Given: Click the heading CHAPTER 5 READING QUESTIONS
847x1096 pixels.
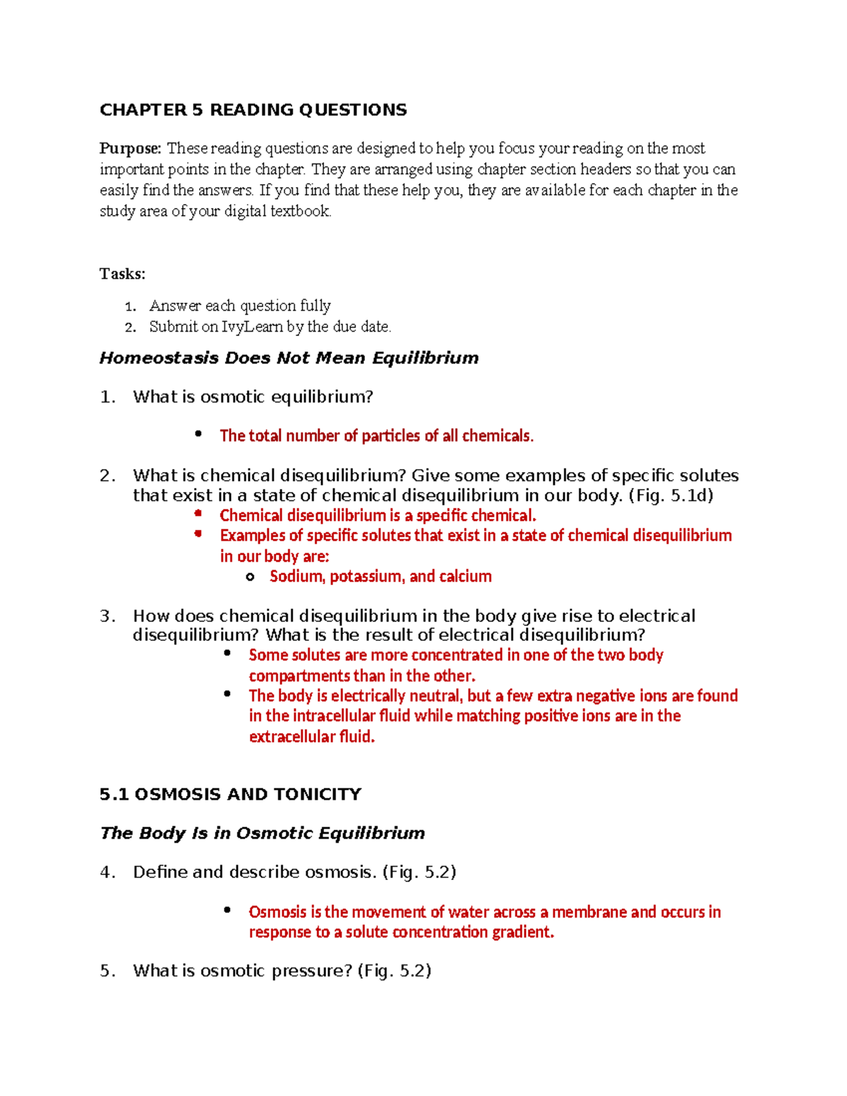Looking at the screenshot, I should click(x=253, y=110).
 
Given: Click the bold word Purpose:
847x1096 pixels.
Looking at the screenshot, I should click(x=131, y=148).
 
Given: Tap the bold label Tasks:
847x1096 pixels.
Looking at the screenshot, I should click(x=122, y=274).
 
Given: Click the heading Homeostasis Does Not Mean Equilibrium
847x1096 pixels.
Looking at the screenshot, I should click(x=289, y=358).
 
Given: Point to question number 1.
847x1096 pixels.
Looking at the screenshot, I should click(x=107, y=397).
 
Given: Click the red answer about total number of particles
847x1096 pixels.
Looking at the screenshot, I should click(x=376, y=436).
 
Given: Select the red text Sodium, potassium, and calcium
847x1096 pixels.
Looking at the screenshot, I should click(x=380, y=577).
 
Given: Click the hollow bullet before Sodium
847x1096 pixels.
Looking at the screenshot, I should click(x=250, y=577).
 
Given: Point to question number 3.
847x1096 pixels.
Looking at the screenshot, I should click(x=107, y=616).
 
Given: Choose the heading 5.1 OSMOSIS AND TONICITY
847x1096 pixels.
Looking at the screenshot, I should click(x=230, y=795).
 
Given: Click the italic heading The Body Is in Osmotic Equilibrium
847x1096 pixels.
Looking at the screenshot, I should click(x=262, y=833).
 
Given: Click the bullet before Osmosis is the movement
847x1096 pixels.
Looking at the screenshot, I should click(x=227, y=910).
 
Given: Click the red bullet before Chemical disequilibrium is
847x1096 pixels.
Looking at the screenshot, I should click(x=198, y=514).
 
